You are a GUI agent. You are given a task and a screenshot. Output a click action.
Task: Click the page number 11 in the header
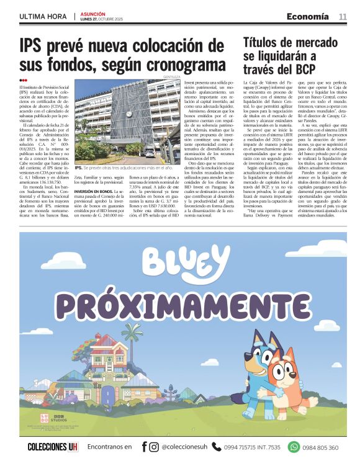coord(342,17)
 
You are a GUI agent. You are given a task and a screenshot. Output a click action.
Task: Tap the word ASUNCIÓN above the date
coord(92,14)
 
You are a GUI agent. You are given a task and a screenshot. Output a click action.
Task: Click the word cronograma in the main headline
coord(184,64)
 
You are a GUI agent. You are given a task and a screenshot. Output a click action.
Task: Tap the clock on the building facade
coord(128,114)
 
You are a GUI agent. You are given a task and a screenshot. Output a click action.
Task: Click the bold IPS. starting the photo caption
coord(79,167)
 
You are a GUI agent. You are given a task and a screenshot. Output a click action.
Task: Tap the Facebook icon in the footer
coord(144,446)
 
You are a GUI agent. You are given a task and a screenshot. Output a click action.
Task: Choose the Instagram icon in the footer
coord(154,446)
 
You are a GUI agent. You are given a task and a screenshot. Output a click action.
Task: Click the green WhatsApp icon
coord(294,446)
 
